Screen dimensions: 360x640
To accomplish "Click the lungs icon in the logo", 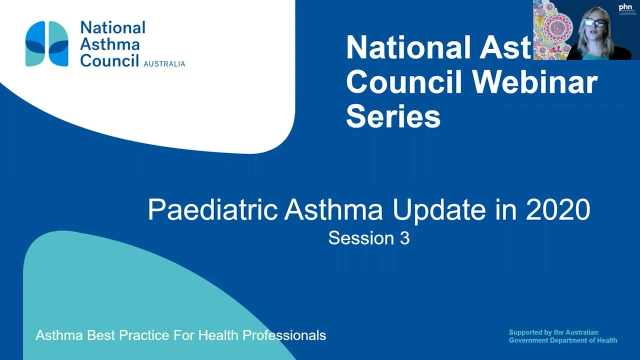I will click(47, 43).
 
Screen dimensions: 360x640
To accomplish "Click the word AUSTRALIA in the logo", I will click(164, 64).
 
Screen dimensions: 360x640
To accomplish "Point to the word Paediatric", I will click(212, 210).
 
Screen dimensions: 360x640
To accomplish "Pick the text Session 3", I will click(369, 238).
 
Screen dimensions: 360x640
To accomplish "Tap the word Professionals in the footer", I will click(284, 335).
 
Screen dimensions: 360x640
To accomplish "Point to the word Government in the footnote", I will click(530, 340).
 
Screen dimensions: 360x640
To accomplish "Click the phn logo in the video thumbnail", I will click(625, 7).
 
